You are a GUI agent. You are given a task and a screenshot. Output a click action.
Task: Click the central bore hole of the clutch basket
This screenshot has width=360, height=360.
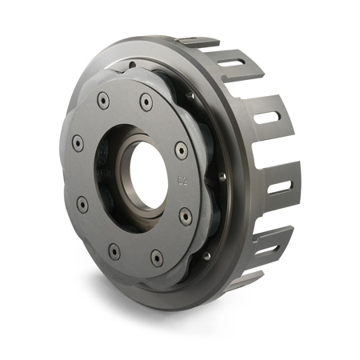click(149, 174)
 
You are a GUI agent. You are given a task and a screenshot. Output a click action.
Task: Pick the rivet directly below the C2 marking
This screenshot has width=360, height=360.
click(186, 216)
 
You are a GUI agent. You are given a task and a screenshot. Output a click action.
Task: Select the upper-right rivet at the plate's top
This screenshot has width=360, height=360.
click(146, 102)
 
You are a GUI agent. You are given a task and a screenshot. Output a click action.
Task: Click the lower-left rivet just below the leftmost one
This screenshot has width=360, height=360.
click(82, 204)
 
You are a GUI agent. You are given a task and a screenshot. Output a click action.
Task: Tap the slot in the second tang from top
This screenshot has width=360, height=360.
click(266, 116)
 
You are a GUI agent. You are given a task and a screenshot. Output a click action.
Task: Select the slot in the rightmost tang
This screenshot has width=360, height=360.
click(279, 186)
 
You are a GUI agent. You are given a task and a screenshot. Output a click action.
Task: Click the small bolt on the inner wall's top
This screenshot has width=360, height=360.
click(190, 94)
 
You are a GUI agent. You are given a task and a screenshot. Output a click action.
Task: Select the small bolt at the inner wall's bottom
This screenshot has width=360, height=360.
click(206, 256)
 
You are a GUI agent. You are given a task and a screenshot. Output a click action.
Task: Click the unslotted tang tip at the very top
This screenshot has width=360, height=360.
click(198, 40)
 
